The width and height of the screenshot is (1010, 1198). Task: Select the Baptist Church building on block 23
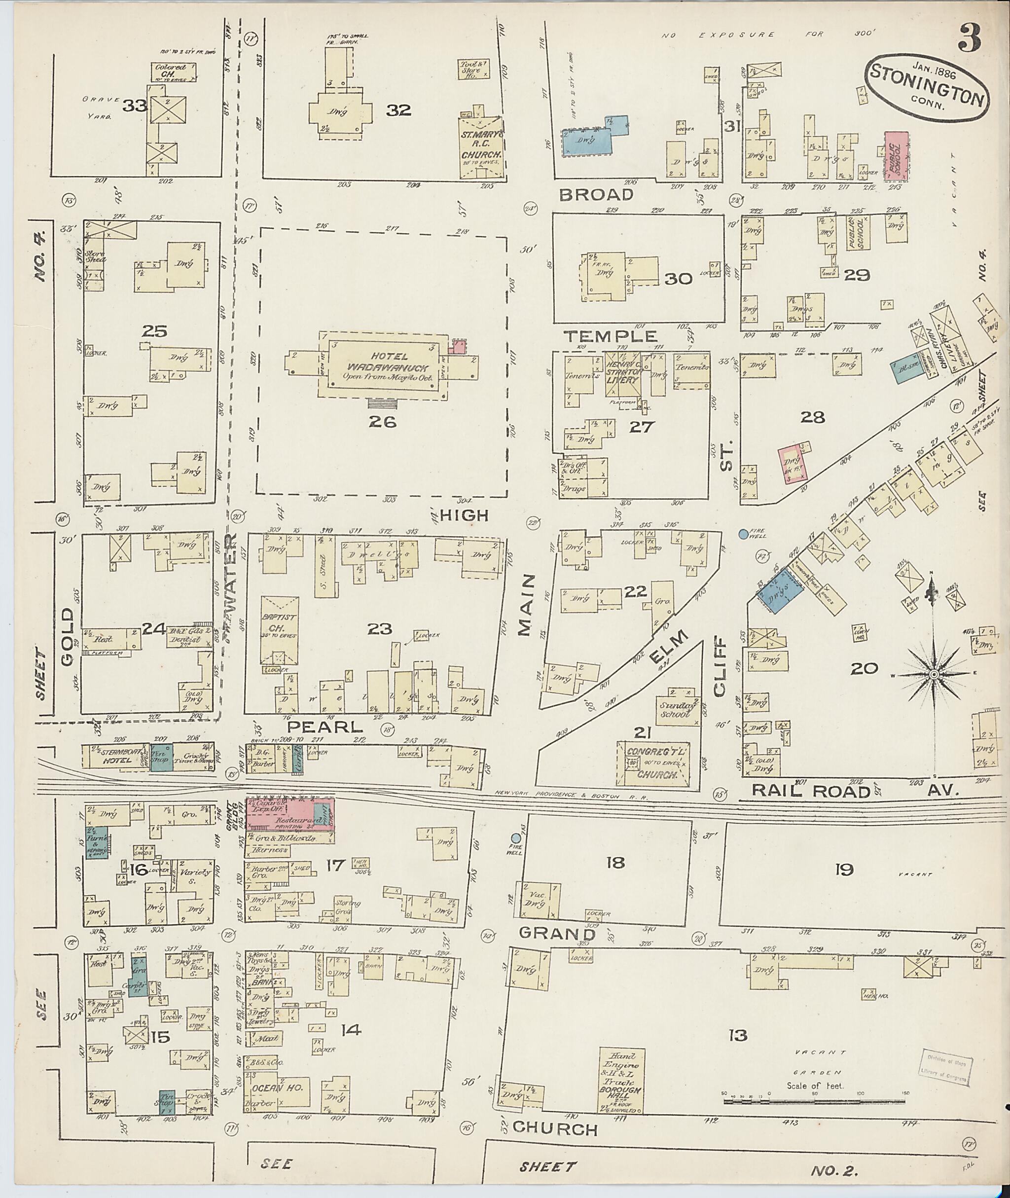[x=280, y=630]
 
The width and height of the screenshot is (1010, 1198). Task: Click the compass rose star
[x=933, y=675]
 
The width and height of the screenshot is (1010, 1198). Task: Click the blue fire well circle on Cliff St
[x=743, y=534]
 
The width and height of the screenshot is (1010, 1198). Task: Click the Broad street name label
[x=596, y=195]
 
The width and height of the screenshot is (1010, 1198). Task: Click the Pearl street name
[x=325, y=727]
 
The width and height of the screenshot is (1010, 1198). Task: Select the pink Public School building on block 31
[x=897, y=153]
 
